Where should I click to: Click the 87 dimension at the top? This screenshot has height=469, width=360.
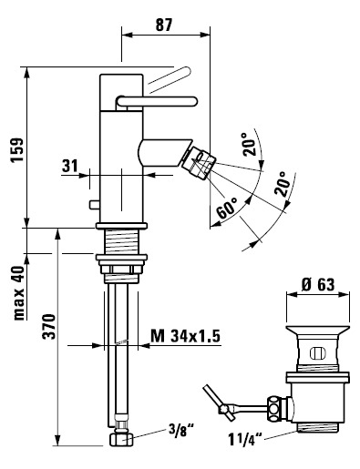[164, 25]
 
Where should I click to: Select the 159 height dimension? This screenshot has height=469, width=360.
[17, 150]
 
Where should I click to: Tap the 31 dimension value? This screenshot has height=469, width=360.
[70, 166]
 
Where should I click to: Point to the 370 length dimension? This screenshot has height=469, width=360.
[49, 326]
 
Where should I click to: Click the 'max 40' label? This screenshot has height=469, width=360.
[19, 293]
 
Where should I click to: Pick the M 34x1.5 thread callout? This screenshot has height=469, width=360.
[185, 336]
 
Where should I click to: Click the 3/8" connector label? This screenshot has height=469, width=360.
[181, 430]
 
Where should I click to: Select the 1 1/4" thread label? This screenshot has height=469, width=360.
[245, 439]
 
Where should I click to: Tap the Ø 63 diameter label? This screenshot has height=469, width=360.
[318, 285]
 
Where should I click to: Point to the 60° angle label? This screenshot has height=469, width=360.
[227, 208]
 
